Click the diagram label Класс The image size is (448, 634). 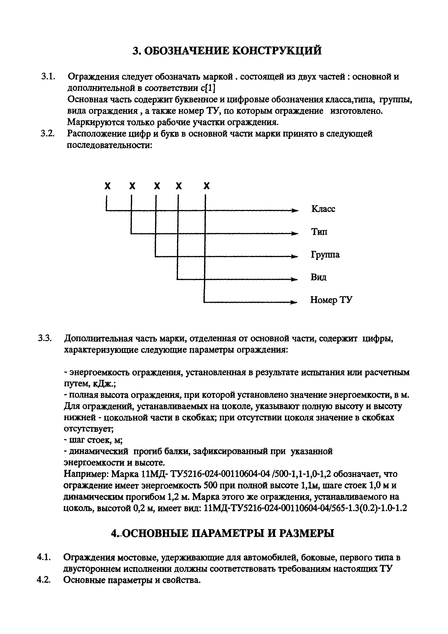(x=323, y=209)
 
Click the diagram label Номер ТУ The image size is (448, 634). (x=331, y=300)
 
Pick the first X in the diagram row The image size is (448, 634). (x=108, y=186)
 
